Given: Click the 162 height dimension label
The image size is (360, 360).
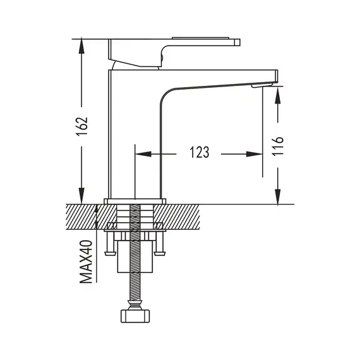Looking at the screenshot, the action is click(x=82, y=126).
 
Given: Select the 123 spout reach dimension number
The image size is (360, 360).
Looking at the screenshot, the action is click(x=200, y=152).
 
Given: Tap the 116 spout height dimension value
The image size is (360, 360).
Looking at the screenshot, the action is click(x=277, y=147).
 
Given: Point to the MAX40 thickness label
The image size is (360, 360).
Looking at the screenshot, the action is click(x=86, y=261).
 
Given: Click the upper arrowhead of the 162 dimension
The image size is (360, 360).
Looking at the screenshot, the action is click(x=81, y=46).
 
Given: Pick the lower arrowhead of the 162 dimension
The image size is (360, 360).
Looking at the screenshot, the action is click(x=81, y=196).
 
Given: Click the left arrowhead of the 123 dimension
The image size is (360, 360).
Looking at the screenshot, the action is click(x=143, y=154).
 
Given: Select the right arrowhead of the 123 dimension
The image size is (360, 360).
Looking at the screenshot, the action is click(x=255, y=154).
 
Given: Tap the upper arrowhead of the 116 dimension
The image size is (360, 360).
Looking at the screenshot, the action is click(x=278, y=95).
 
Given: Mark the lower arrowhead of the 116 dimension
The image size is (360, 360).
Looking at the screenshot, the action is click(x=278, y=196).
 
